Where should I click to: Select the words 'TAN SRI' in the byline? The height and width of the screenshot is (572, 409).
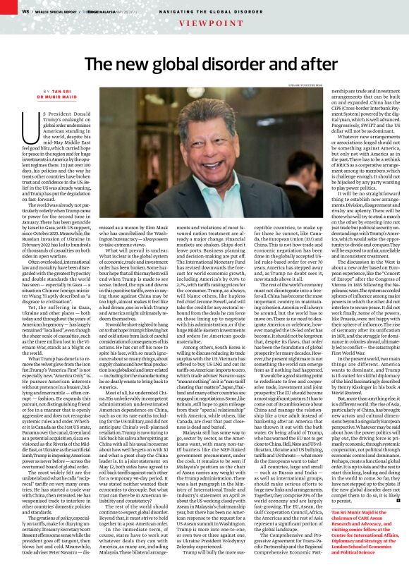tap(52, 91)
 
